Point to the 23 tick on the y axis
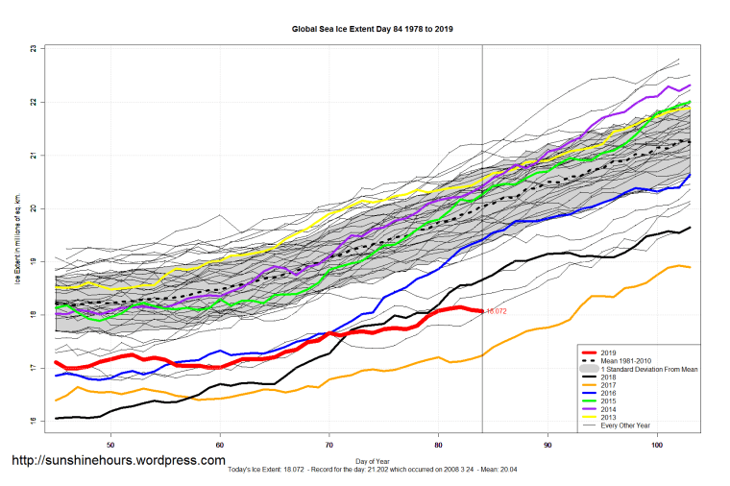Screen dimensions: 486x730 (34, 48)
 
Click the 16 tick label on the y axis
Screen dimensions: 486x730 (34, 422)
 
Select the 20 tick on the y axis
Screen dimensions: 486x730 (34, 208)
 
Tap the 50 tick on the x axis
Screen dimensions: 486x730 (111, 445)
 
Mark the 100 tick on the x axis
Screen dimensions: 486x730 (657, 445)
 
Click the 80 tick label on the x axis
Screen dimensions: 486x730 (439, 445)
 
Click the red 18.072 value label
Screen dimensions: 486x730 (496, 312)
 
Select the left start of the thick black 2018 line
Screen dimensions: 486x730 (57, 419)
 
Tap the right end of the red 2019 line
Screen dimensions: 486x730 (482, 311)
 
